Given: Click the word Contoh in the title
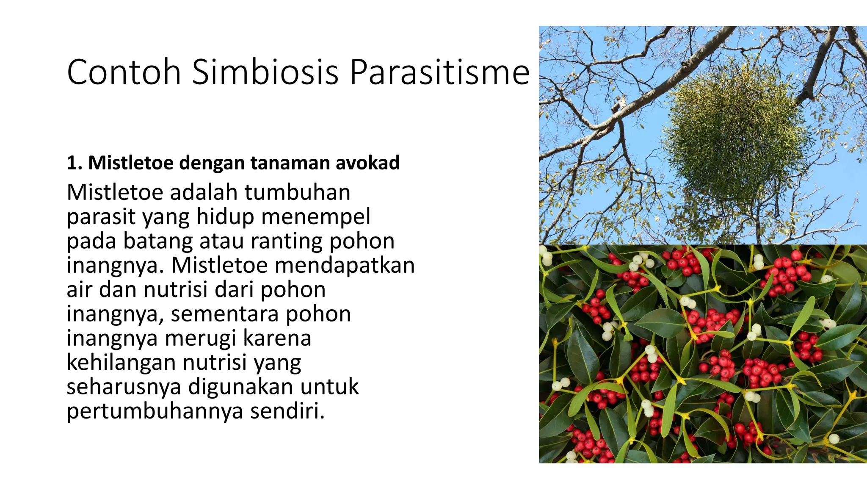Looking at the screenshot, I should [124, 72].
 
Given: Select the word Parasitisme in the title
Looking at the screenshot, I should [439, 72].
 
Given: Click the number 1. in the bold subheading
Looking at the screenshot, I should [75, 163].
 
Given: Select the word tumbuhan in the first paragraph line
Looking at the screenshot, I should [297, 192].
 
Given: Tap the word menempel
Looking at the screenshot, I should [316, 216].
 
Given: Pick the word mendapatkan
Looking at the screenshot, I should [345, 265].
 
